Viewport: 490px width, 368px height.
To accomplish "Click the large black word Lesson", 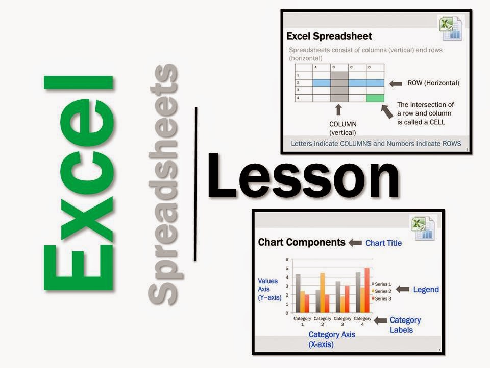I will coord(302,176).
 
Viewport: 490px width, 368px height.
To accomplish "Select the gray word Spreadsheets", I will coord(163,184).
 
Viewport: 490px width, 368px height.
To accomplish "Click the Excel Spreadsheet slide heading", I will coord(329,36).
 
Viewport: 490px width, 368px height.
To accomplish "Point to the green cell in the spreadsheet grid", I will coord(375,98).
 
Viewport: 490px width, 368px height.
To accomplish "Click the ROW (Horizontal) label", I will coord(433,83).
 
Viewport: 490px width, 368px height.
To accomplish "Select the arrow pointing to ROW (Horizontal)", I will coord(396,83).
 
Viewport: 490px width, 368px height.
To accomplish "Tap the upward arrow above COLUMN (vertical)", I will coord(338,110).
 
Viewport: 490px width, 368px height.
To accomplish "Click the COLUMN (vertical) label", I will coord(343,128).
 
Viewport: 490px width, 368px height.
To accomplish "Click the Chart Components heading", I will coord(302,242).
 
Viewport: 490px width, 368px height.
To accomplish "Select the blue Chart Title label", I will coord(383,243).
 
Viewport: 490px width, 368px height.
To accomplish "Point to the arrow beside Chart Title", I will coord(355,243).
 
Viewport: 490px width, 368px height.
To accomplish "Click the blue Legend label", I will coord(426,290).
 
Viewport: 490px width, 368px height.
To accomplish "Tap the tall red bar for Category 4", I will coord(366,290).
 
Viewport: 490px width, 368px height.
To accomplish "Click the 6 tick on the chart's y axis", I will coord(287,260).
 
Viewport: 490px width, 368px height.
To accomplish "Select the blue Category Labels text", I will coord(405,325).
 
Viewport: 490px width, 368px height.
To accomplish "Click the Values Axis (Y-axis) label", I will coord(269,289).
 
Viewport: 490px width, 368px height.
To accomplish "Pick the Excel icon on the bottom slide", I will coord(422,227).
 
